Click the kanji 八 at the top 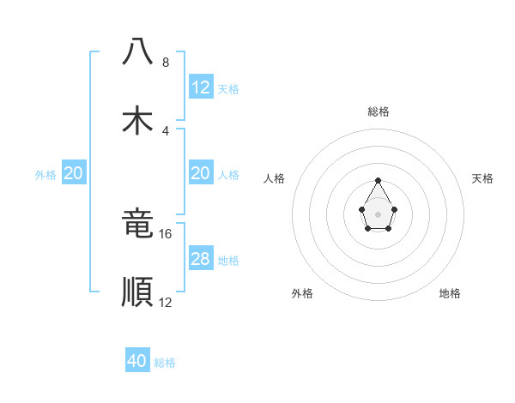click(137, 52)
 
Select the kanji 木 click(137, 120)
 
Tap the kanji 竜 click(137, 224)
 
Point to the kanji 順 click(137, 292)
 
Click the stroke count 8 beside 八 click(166, 63)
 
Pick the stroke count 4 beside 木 click(166, 131)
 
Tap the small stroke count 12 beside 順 click(166, 303)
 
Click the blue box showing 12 click(200, 87)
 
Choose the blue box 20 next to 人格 click(200, 173)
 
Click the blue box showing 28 click(200, 259)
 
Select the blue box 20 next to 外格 click(74, 173)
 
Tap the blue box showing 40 click(137, 361)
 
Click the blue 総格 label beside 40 click(166, 363)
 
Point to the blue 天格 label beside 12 click(228, 89)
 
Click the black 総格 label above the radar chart click(378, 111)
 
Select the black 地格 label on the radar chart click(450, 293)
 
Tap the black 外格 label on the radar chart click(302, 293)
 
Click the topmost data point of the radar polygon click(378, 180)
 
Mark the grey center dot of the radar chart click(378, 213)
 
